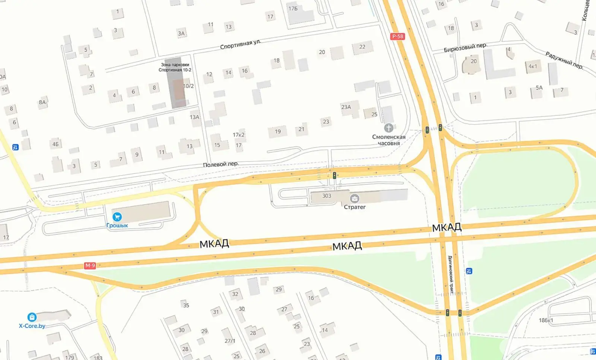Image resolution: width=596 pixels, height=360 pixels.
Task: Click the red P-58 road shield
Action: [x=397, y=36]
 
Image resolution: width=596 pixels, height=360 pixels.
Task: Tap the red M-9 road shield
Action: [x=90, y=265]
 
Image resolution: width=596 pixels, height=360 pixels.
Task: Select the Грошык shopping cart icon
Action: [x=117, y=217]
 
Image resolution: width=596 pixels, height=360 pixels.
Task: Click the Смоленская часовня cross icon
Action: [x=389, y=128]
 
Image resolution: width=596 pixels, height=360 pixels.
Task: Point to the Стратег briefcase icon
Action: [x=354, y=198]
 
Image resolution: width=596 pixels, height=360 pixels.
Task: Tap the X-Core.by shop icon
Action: [x=32, y=317]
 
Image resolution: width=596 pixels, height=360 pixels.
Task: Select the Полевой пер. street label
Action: [x=221, y=164]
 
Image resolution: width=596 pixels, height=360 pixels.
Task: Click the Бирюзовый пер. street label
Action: [x=465, y=47]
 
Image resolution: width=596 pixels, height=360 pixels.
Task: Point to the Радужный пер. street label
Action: [x=564, y=60]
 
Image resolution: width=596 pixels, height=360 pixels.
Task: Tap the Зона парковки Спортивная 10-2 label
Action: [x=175, y=67]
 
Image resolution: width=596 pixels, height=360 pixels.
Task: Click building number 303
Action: [x=326, y=196]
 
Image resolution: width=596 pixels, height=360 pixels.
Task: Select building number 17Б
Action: [x=293, y=9]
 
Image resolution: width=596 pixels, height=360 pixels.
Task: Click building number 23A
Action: [x=346, y=107]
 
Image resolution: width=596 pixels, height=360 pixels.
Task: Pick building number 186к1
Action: [x=546, y=320]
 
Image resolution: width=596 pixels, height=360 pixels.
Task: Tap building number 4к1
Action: [x=533, y=66]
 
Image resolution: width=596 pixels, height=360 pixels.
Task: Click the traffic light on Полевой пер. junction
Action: [x=335, y=175]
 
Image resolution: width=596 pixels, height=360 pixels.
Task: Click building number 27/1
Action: [x=230, y=341]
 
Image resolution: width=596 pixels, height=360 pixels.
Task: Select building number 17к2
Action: [x=238, y=135]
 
